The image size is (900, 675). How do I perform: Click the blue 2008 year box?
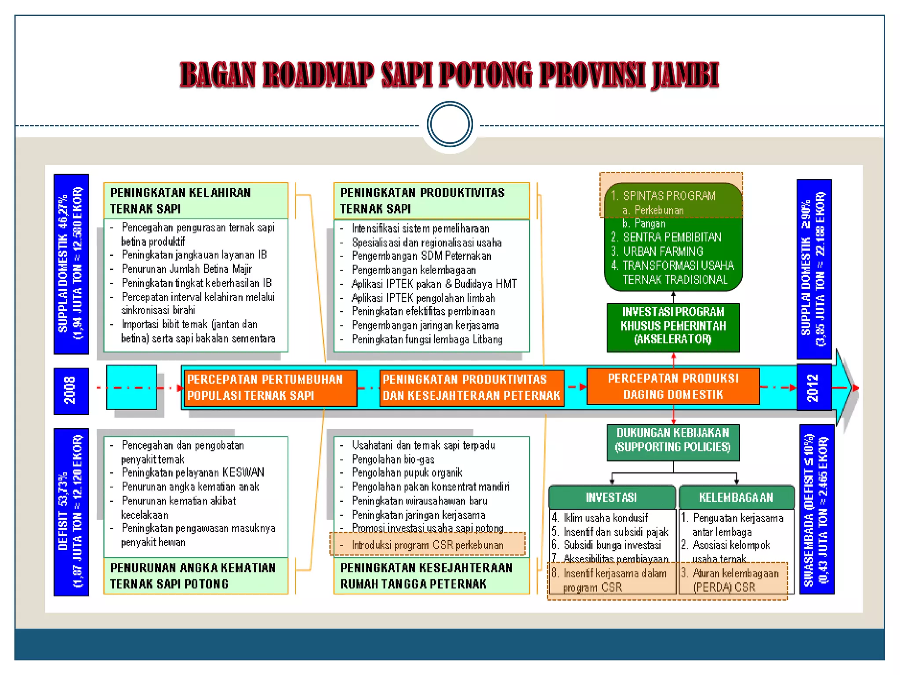tap(71, 391)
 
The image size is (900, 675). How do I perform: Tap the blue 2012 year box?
tap(813, 387)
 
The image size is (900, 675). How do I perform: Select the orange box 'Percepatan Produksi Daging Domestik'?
tap(673, 386)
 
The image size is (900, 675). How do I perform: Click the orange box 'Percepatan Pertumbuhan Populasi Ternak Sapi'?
tap(269, 388)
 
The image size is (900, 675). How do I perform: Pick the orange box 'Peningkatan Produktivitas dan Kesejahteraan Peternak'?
tap(471, 388)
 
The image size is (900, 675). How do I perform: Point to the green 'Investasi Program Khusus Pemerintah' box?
tap(673, 326)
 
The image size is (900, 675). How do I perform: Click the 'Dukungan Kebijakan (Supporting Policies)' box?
tap(673, 441)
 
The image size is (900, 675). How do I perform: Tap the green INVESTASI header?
tap(611, 497)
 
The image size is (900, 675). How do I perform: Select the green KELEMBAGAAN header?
tap(736, 497)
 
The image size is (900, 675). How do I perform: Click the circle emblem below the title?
tap(450, 124)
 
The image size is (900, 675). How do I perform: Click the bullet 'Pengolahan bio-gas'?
tap(393, 460)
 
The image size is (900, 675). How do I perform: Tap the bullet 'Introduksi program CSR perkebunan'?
tap(427, 545)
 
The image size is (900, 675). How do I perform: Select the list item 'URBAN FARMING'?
tap(663, 251)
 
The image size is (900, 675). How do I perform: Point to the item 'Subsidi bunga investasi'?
tap(612, 545)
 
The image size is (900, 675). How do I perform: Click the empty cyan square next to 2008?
tap(131, 387)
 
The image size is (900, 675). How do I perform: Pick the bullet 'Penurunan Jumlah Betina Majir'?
tap(187, 269)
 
